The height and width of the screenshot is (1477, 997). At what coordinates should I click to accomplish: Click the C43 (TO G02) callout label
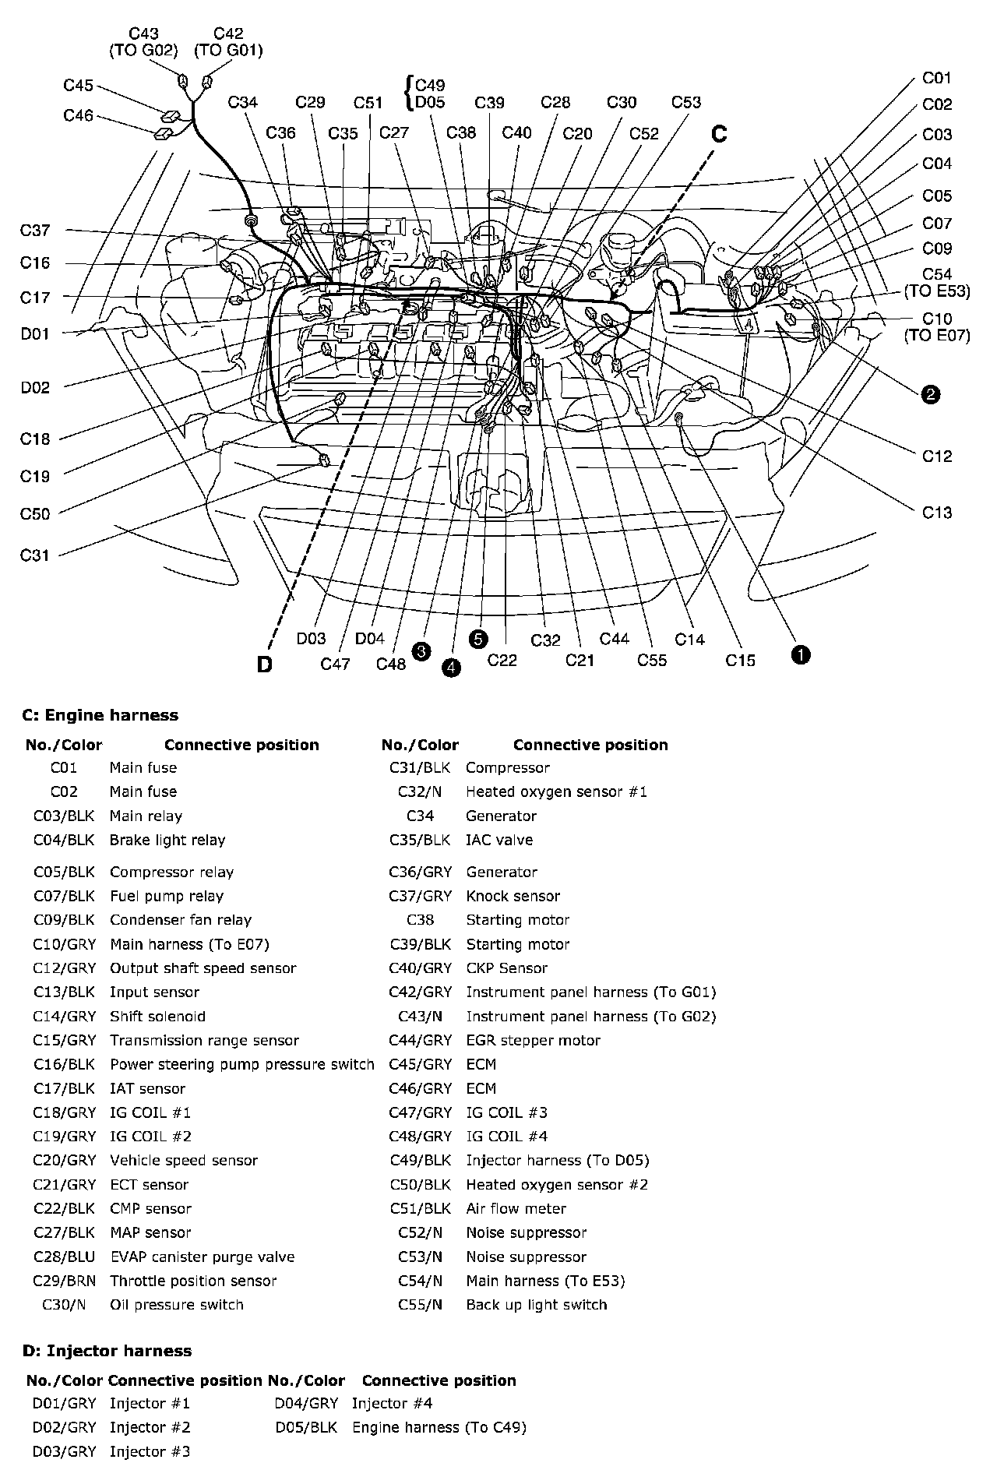(143, 42)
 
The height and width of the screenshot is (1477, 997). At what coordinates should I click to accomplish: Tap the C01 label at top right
(937, 78)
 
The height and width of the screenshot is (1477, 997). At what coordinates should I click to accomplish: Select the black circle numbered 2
(930, 395)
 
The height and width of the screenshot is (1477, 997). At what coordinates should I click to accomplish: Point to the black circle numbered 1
(801, 654)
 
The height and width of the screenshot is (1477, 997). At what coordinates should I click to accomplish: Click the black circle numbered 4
(450, 668)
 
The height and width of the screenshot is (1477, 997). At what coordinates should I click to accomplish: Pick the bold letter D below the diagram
(265, 665)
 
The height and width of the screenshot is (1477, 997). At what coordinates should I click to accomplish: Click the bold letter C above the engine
(719, 134)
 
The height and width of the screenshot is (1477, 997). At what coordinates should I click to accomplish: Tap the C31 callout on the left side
(35, 555)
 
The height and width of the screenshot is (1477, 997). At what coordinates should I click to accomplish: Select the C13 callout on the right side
(937, 513)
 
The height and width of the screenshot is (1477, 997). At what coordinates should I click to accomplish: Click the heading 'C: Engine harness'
(100, 715)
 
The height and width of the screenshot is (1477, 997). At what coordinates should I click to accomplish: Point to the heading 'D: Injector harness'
(107, 1351)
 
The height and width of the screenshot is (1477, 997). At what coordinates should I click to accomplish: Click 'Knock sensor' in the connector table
(513, 897)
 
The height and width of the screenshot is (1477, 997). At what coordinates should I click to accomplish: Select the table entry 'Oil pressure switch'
(177, 1305)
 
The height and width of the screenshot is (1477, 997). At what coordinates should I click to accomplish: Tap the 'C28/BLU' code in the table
(64, 1257)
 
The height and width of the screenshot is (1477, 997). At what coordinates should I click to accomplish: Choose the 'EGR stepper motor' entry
(533, 1041)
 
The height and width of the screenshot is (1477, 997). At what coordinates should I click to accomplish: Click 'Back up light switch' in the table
(536, 1305)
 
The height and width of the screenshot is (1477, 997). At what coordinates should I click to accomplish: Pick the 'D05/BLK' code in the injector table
(306, 1428)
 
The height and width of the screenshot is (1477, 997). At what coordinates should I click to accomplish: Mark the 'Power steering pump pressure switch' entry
(241, 1065)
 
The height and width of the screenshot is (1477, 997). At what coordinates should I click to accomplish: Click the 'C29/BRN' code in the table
(64, 1281)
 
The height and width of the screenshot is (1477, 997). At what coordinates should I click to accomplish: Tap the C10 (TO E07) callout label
(937, 327)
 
